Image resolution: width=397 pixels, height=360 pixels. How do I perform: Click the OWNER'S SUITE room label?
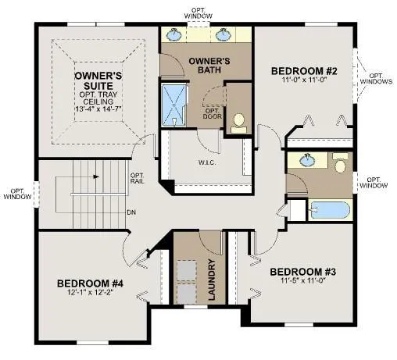coord(95,80)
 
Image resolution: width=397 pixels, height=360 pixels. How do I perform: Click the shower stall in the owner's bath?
coord(170,104)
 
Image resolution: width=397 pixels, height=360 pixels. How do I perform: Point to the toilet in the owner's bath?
coord(238,121)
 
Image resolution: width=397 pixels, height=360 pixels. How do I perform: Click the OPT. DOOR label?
coord(211,114)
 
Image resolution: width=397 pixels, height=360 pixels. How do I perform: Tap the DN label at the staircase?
coord(132,211)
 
